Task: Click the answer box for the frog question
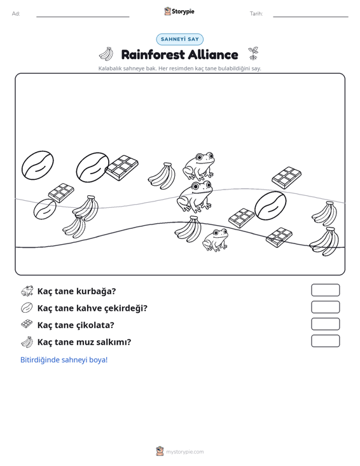coord(325,290)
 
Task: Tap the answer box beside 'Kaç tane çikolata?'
coord(325,324)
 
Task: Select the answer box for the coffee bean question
coord(325,307)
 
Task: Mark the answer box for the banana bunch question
coord(325,341)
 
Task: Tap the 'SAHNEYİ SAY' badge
coord(180,39)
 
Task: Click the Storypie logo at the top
coord(179,11)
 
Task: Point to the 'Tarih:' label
coord(256,14)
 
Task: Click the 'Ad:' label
coord(16,14)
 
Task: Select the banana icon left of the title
coord(106,54)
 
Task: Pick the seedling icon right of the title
coord(253,53)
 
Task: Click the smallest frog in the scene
coord(215,240)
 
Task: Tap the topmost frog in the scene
coord(198,166)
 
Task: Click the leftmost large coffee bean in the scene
coord(38,165)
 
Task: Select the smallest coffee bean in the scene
coord(45,209)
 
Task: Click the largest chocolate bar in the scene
coord(122,168)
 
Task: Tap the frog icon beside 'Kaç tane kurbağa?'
coord(27,291)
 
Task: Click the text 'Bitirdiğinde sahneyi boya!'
coord(64,360)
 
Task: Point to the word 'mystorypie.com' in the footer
coord(185,452)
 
